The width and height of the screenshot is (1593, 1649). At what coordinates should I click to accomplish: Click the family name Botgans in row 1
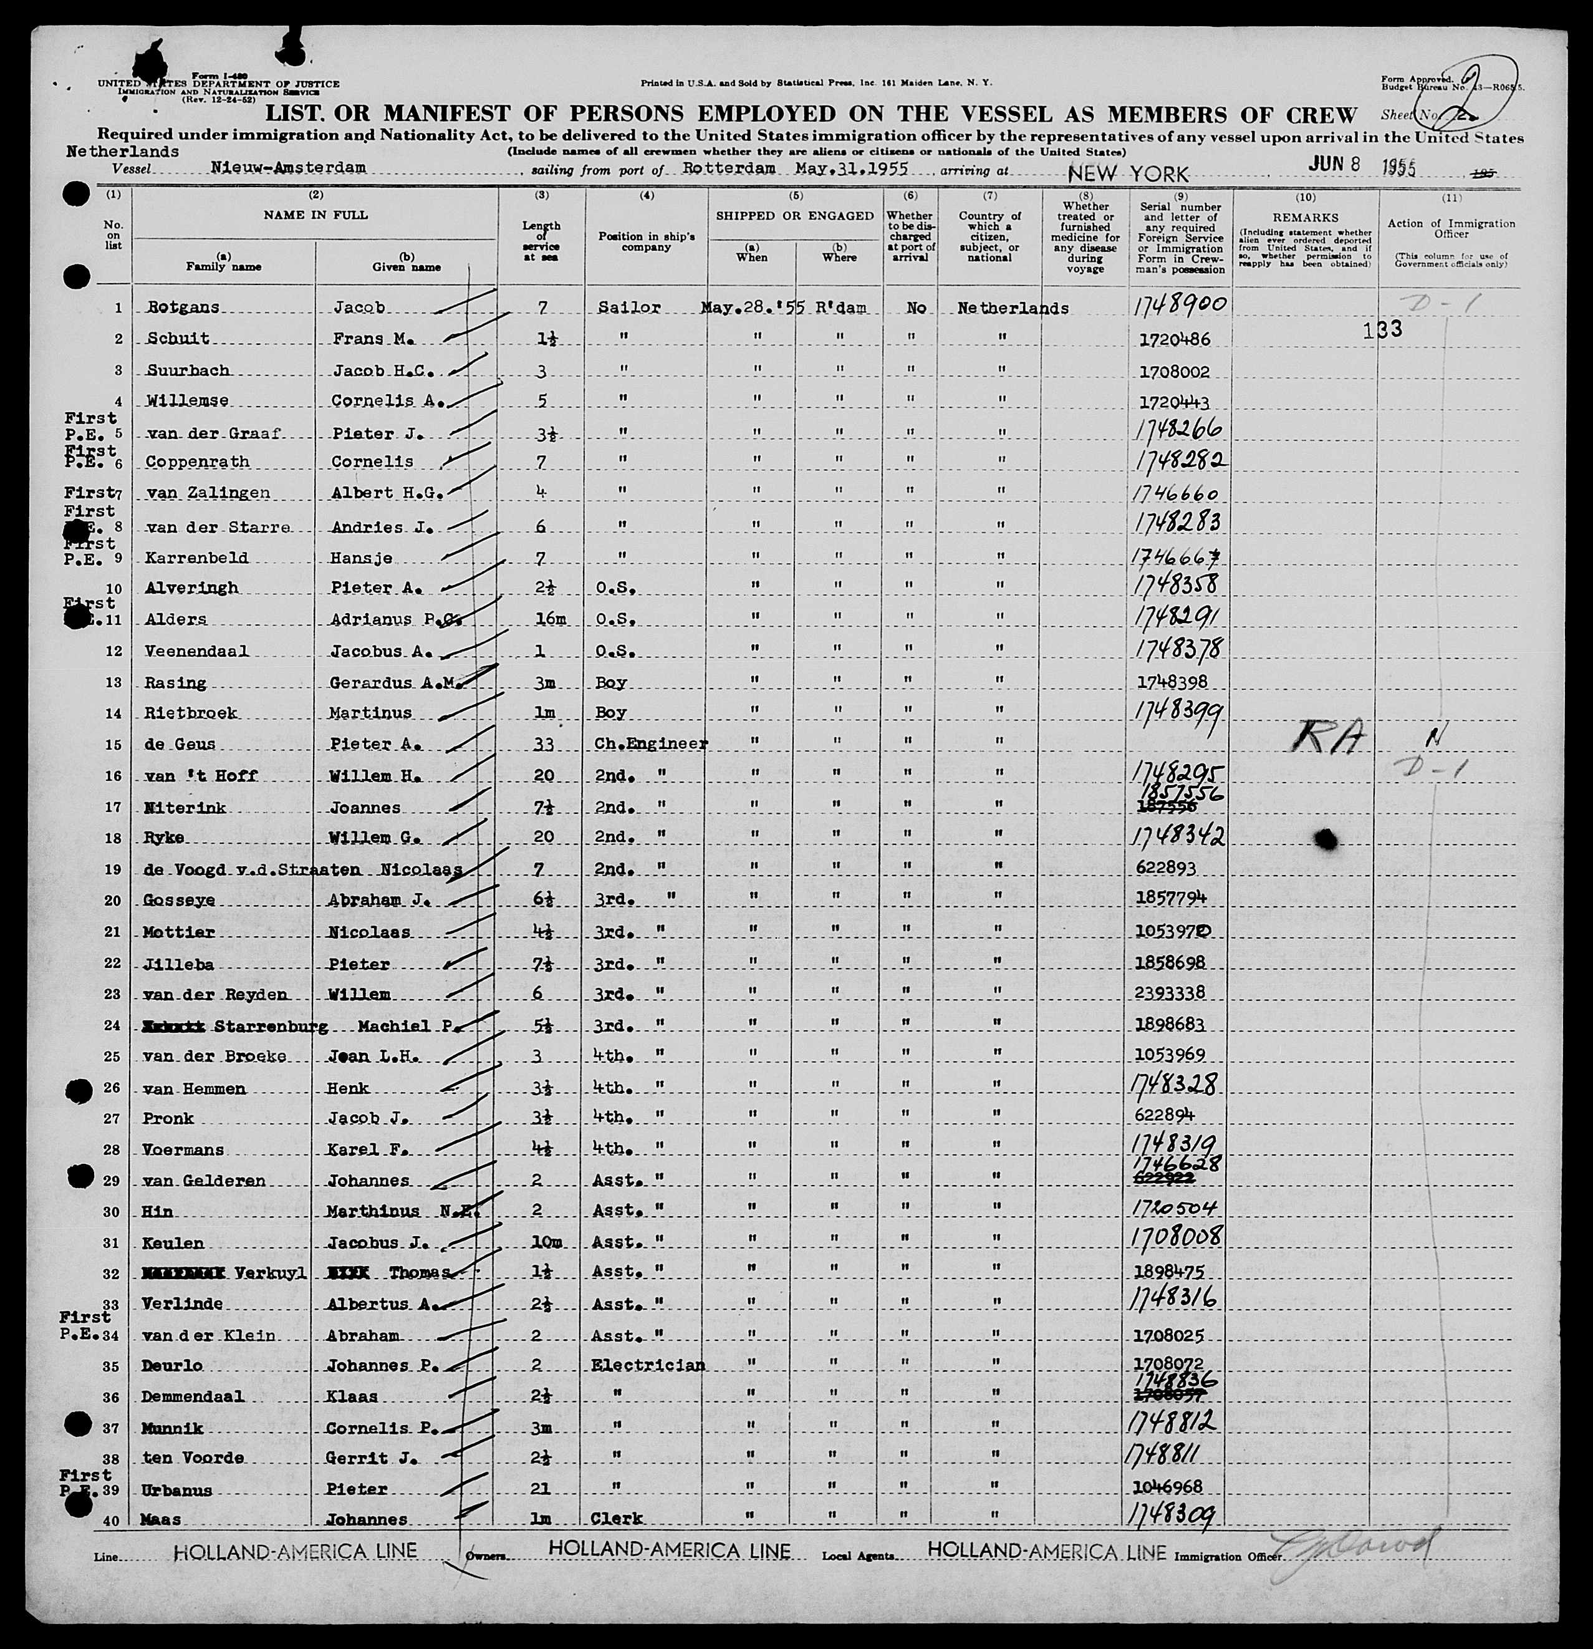click(x=183, y=307)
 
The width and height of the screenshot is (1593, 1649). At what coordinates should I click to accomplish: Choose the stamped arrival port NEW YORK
click(x=1128, y=174)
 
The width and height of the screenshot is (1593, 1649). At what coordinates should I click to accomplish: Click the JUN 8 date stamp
click(x=1335, y=163)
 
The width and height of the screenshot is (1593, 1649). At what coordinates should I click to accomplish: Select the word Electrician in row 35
click(x=648, y=1365)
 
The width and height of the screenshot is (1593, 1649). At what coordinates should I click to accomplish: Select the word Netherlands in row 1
click(x=1013, y=308)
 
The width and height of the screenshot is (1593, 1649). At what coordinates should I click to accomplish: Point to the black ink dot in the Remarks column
click(x=1326, y=838)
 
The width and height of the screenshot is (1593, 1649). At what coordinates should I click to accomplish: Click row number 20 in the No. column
click(x=113, y=900)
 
